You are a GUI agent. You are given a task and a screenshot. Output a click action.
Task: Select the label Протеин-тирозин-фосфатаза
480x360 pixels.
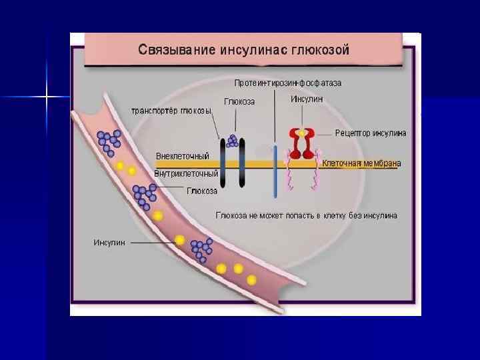coord(287,83)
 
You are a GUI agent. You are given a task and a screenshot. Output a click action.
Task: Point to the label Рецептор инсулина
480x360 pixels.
coord(370,133)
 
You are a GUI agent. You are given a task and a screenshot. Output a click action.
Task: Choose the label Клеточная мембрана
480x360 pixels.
coord(361,163)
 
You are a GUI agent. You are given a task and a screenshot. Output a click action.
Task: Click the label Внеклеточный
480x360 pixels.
coord(182,156)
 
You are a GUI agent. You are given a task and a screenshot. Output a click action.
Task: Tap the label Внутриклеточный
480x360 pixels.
coord(186,174)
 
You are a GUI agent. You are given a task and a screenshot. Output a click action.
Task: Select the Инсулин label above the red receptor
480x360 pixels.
coord(307,99)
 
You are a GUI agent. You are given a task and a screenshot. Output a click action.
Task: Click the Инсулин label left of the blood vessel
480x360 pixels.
coord(109,243)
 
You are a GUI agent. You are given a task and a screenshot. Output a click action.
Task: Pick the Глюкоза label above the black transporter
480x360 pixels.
coord(239,101)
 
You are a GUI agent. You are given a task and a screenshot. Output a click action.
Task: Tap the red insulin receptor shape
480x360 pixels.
coord(301,145)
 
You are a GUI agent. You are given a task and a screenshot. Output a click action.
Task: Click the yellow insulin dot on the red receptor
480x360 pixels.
coord(302,133)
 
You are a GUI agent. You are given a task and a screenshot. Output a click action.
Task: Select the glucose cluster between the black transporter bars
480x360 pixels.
coord(232,141)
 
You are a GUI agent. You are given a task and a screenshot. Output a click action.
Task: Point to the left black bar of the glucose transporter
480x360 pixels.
coord(223,163)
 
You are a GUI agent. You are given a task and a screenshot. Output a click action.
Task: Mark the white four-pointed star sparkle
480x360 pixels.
coord(46,98)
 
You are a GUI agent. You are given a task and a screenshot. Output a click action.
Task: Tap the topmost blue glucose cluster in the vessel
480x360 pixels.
coord(109,139)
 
